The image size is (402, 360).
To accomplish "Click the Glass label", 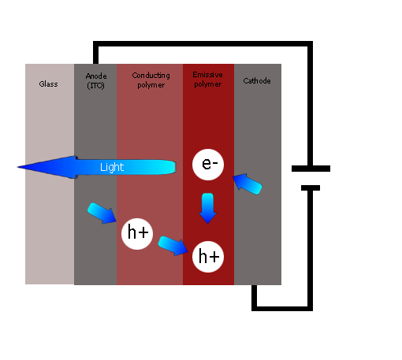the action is [x=48, y=84].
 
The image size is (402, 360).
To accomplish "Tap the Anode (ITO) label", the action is [x=96, y=81].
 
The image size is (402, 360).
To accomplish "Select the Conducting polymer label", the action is [x=151, y=80].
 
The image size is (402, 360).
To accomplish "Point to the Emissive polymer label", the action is [x=207, y=80].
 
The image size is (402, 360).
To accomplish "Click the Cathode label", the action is [x=257, y=81].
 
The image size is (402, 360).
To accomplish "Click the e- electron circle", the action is [x=208, y=165].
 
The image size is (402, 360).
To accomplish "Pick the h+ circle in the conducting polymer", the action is [x=137, y=234].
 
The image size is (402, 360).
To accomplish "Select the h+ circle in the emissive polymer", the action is [x=208, y=257].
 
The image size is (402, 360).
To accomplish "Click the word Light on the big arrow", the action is [x=112, y=167].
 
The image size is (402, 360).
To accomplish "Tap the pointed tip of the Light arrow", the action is [x=17, y=167].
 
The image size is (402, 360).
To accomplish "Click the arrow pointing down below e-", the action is [x=207, y=208].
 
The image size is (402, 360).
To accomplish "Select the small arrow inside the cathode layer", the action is [x=248, y=184].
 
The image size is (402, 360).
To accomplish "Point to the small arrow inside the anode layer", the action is [x=102, y=213].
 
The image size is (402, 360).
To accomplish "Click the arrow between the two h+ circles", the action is [x=173, y=246].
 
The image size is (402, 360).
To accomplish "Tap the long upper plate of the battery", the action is [x=311, y=169].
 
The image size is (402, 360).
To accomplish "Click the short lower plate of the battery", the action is [x=311, y=188].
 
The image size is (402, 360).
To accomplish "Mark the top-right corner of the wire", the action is [x=311, y=43].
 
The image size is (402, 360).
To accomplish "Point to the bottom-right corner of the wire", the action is [x=311, y=309].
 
